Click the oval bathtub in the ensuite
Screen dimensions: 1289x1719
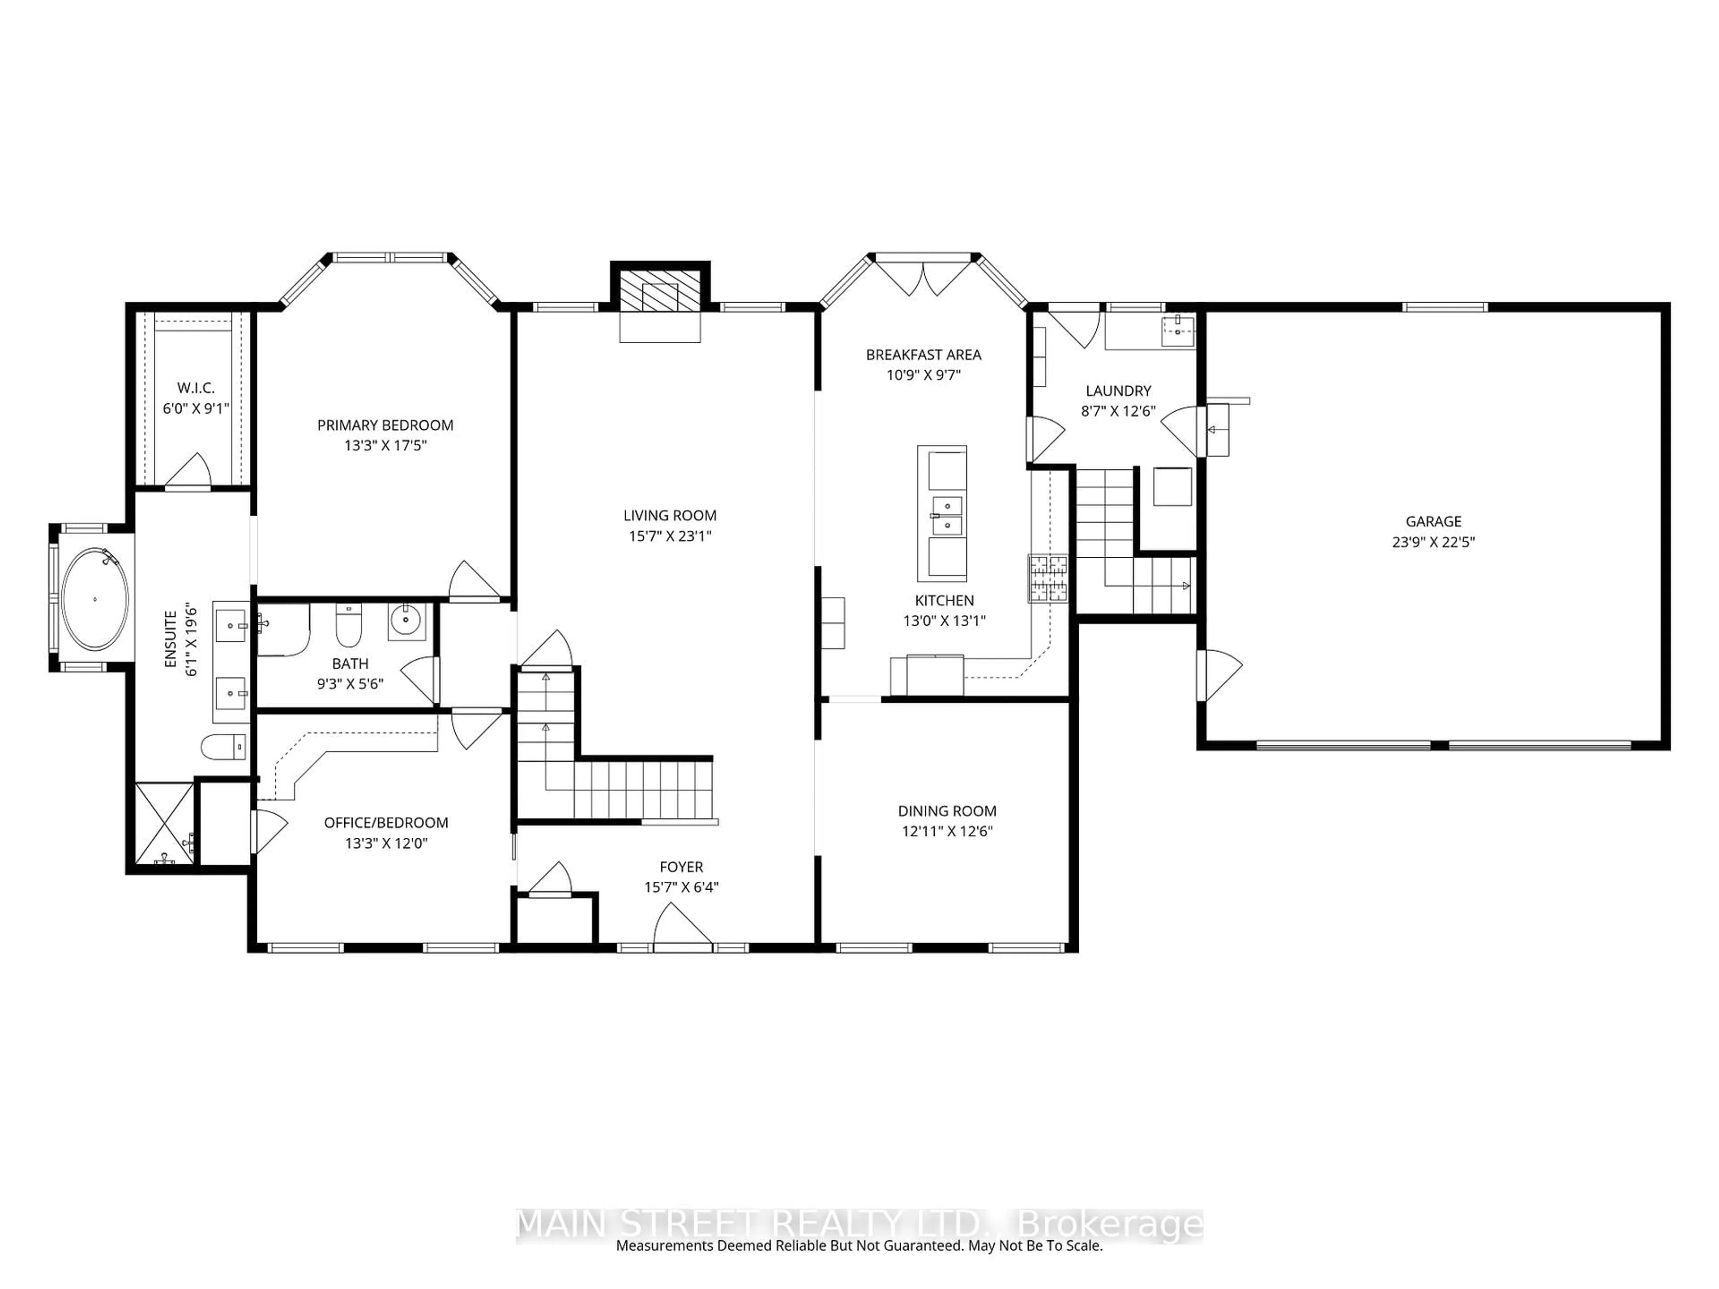(95, 599)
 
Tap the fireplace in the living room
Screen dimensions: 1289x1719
(660, 295)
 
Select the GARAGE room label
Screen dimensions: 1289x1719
(1433, 521)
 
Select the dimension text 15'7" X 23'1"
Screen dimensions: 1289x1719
(670, 535)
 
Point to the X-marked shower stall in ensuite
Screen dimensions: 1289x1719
(164, 824)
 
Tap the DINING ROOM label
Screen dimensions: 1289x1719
(946, 811)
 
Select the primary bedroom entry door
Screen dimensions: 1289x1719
(473, 582)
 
